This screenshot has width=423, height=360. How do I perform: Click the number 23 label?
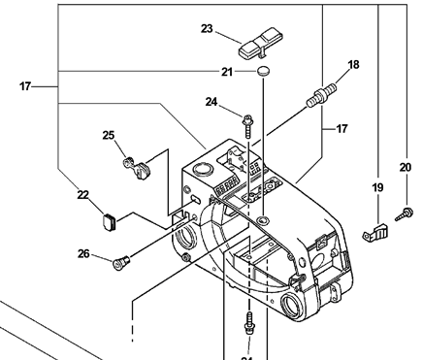[x=207, y=29]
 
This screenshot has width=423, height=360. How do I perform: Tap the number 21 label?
[x=226, y=73]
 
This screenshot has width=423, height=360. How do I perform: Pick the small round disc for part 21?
[x=263, y=73]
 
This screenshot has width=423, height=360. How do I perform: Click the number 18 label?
[x=353, y=65]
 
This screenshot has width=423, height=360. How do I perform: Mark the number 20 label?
[x=406, y=166]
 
